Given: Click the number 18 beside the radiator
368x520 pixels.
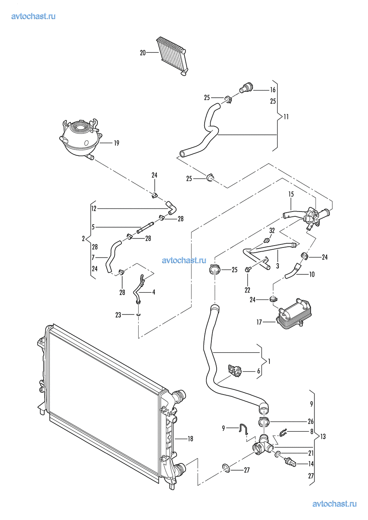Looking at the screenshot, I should (x=190, y=439).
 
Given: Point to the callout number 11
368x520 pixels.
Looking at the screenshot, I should (x=286, y=117).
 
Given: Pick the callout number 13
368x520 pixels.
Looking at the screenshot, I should (x=323, y=437).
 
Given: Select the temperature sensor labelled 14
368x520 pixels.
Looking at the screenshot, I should (x=290, y=463).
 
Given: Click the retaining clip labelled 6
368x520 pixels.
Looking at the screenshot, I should (x=235, y=371).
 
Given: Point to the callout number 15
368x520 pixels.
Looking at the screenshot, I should (x=291, y=194).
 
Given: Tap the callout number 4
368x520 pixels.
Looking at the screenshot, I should (x=153, y=292).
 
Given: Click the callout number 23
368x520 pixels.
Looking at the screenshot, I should (x=118, y=315).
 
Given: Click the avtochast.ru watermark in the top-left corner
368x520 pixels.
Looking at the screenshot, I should (x=33, y=16).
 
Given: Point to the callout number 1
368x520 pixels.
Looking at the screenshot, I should (x=269, y=362).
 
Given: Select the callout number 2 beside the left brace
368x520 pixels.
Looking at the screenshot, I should (x=84, y=238).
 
